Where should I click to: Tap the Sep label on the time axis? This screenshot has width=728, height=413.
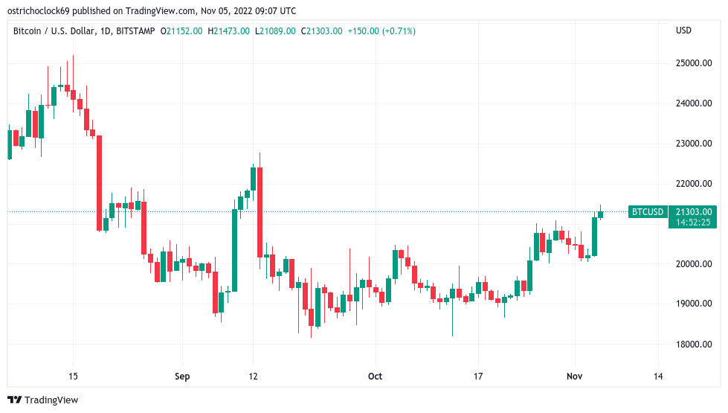(x=183, y=377)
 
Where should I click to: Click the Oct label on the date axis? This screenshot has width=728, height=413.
(x=375, y=377)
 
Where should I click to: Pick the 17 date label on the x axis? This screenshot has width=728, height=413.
(x=479, y=377)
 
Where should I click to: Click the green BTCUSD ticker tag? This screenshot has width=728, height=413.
(x=647, y=212)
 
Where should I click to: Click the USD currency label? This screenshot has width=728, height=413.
(x=683, y=31)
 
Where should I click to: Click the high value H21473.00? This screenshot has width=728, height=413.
(x=228, y=31)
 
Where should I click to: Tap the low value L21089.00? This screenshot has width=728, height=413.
(x=275, y=31)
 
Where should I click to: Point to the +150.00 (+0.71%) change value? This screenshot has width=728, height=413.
(x=381, y=31)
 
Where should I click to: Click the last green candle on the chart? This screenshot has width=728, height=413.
(x=601, y=215)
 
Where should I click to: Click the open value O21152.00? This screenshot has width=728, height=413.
(x=181, y=31)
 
